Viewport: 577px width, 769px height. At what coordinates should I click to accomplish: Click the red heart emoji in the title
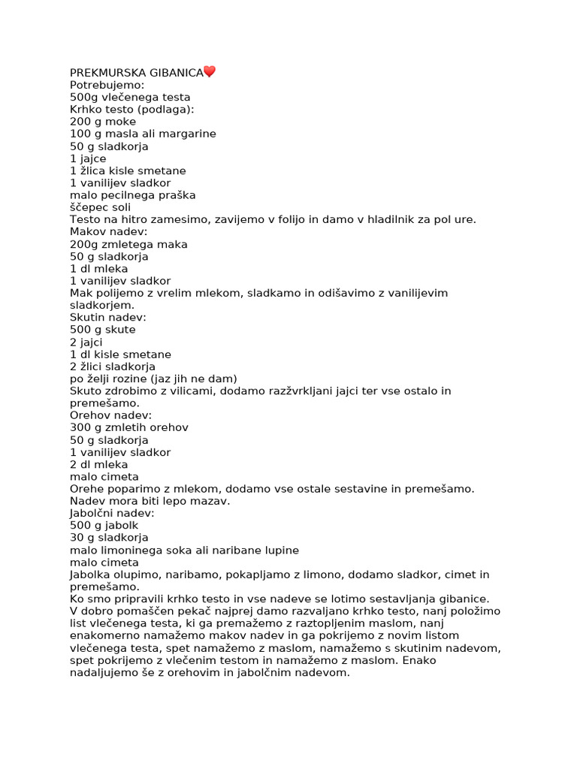coord(210,72)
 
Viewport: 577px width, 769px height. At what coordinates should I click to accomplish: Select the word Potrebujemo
coord(107,85)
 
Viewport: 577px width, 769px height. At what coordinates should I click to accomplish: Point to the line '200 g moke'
coord(103,122)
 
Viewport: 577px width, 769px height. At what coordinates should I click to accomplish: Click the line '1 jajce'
coord(88,158)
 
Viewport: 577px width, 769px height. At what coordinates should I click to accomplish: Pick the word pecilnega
coord(125,195)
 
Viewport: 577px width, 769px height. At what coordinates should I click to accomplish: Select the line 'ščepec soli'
coord(100,207)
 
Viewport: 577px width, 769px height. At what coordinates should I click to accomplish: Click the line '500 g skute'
coord(103,330)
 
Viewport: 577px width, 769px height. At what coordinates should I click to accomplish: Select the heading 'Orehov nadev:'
coord(110,415)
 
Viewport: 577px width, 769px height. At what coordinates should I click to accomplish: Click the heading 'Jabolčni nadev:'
coord(112,513)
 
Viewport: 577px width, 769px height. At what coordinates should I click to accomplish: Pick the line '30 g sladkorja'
coord(109,538)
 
